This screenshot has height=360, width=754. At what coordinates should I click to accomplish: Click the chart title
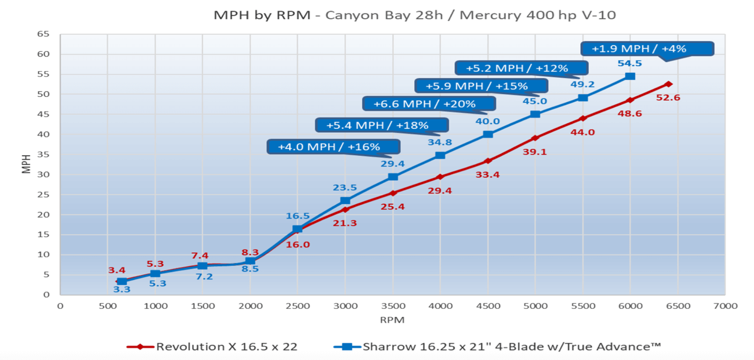(414, 15)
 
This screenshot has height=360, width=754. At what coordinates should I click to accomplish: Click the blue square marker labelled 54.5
(630, 76)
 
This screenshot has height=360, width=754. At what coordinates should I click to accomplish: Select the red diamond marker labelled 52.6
(669, 84)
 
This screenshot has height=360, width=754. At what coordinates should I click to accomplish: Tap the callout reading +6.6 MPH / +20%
(429, 104)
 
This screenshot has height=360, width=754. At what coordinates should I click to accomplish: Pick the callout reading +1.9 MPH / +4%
(647, 49)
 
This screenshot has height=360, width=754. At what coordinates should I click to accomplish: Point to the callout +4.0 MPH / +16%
(333, 146)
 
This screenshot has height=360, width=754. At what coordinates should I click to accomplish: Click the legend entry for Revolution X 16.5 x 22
(212, 346)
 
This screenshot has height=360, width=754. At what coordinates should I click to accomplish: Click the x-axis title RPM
(392, 319)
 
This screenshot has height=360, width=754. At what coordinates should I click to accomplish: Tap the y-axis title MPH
(26, 164)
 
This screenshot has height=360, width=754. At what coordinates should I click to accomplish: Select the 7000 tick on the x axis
(725, 306)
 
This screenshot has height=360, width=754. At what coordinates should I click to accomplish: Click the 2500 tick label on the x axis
(297, 306)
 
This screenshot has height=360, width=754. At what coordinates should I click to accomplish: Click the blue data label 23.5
(345, 187)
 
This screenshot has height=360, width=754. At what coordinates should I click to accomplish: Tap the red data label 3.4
(117, 271)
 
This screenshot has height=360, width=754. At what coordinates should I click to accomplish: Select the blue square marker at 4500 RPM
(488, 134)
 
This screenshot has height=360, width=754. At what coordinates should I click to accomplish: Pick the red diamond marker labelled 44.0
(582, 118)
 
